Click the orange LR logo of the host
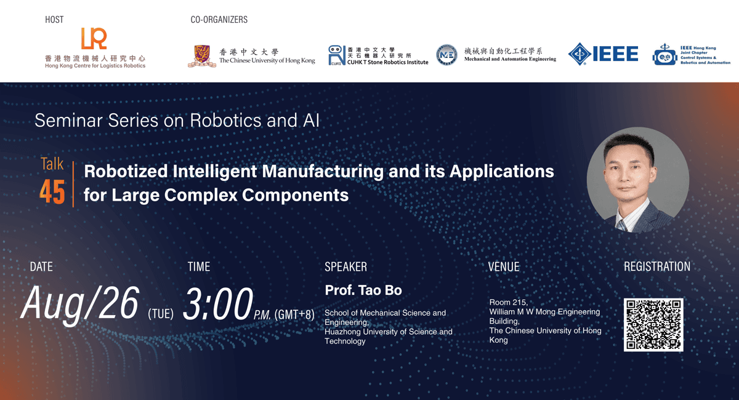(x=94, y=39)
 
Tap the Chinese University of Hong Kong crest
(x=202, y=56)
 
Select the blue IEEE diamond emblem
(x=579, y=54)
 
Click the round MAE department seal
(x=446, y=55)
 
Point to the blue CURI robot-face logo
(x=336, y=55)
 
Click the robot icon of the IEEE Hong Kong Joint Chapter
(x=664, y=55)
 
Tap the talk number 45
(x=52, y=192)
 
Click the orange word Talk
(x=52, y=164)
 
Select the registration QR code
(x=653, y=325)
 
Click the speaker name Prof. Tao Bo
(x=363, y=290)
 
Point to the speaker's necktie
(x=622, y=225)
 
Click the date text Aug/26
(x=80, y=304)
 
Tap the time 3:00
(x=218, y=303)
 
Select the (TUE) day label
(x=161, y=314)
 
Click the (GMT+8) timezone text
(x=294, y=314)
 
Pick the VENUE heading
(x=504, y=267)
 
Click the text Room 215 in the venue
(x=509, y=302)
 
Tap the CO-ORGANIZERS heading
(x=219, y=20)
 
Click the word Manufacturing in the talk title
(x=323, y=172)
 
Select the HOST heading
(x=54, y=20)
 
